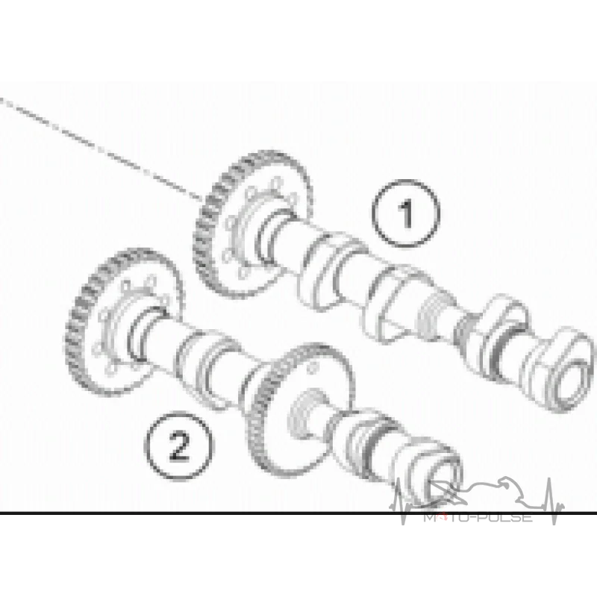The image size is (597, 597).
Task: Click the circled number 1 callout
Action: click(406, 214)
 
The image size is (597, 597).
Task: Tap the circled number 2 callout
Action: click(179, 446)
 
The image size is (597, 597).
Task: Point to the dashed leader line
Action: click(101, 148)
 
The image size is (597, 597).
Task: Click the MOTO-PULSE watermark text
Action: click(478, 517)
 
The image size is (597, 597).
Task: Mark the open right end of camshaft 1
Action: click(570, 384)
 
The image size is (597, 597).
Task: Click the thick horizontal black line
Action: click(298, 513)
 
